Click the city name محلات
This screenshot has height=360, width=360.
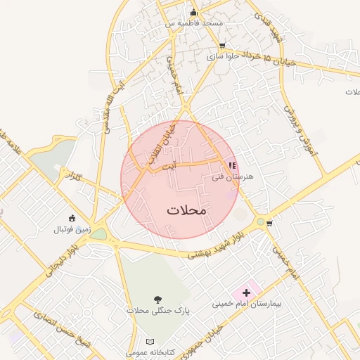coord(187,210)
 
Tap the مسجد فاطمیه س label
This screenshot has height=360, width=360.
coord(194,23)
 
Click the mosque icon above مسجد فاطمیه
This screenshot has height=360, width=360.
coord(194,13)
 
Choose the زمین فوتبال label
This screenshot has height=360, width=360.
coord(72,229)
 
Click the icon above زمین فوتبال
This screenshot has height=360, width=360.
coord(71,217)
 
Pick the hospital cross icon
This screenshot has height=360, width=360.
coord(246,292)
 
